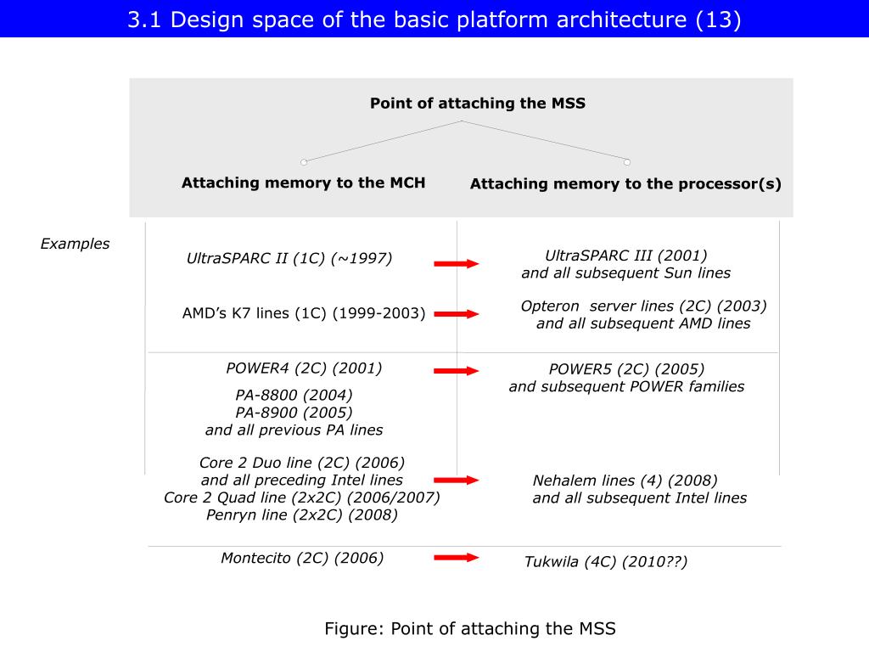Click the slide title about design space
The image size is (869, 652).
coord(434,20)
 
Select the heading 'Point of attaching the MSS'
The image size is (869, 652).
coord(477,104)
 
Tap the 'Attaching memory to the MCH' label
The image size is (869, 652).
coord(303,183)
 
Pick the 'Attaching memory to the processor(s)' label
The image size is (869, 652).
coord(625,183)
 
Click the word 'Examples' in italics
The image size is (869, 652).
coord(75,244)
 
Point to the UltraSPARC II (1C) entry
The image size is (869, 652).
coord(289,259)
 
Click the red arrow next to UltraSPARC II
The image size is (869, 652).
coord(457,264)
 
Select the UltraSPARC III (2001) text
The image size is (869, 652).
coord(625,256)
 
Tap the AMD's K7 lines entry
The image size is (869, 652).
coord(304,313)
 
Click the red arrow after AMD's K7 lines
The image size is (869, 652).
coord(457,314)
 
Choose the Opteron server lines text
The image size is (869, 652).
coord(643,306)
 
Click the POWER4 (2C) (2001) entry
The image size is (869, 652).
coord(304,368)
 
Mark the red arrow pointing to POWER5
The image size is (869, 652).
coord(457,371)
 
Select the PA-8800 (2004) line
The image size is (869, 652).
coord(294,395)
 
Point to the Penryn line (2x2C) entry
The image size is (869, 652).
coord(301,514)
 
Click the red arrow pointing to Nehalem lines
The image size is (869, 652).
coord(457,481)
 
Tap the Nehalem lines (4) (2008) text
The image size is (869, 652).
coord(625,481)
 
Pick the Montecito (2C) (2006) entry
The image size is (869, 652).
coord(302,558)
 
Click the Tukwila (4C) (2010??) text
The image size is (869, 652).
coord(605,562)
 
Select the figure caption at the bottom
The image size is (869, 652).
coord(469,629)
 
